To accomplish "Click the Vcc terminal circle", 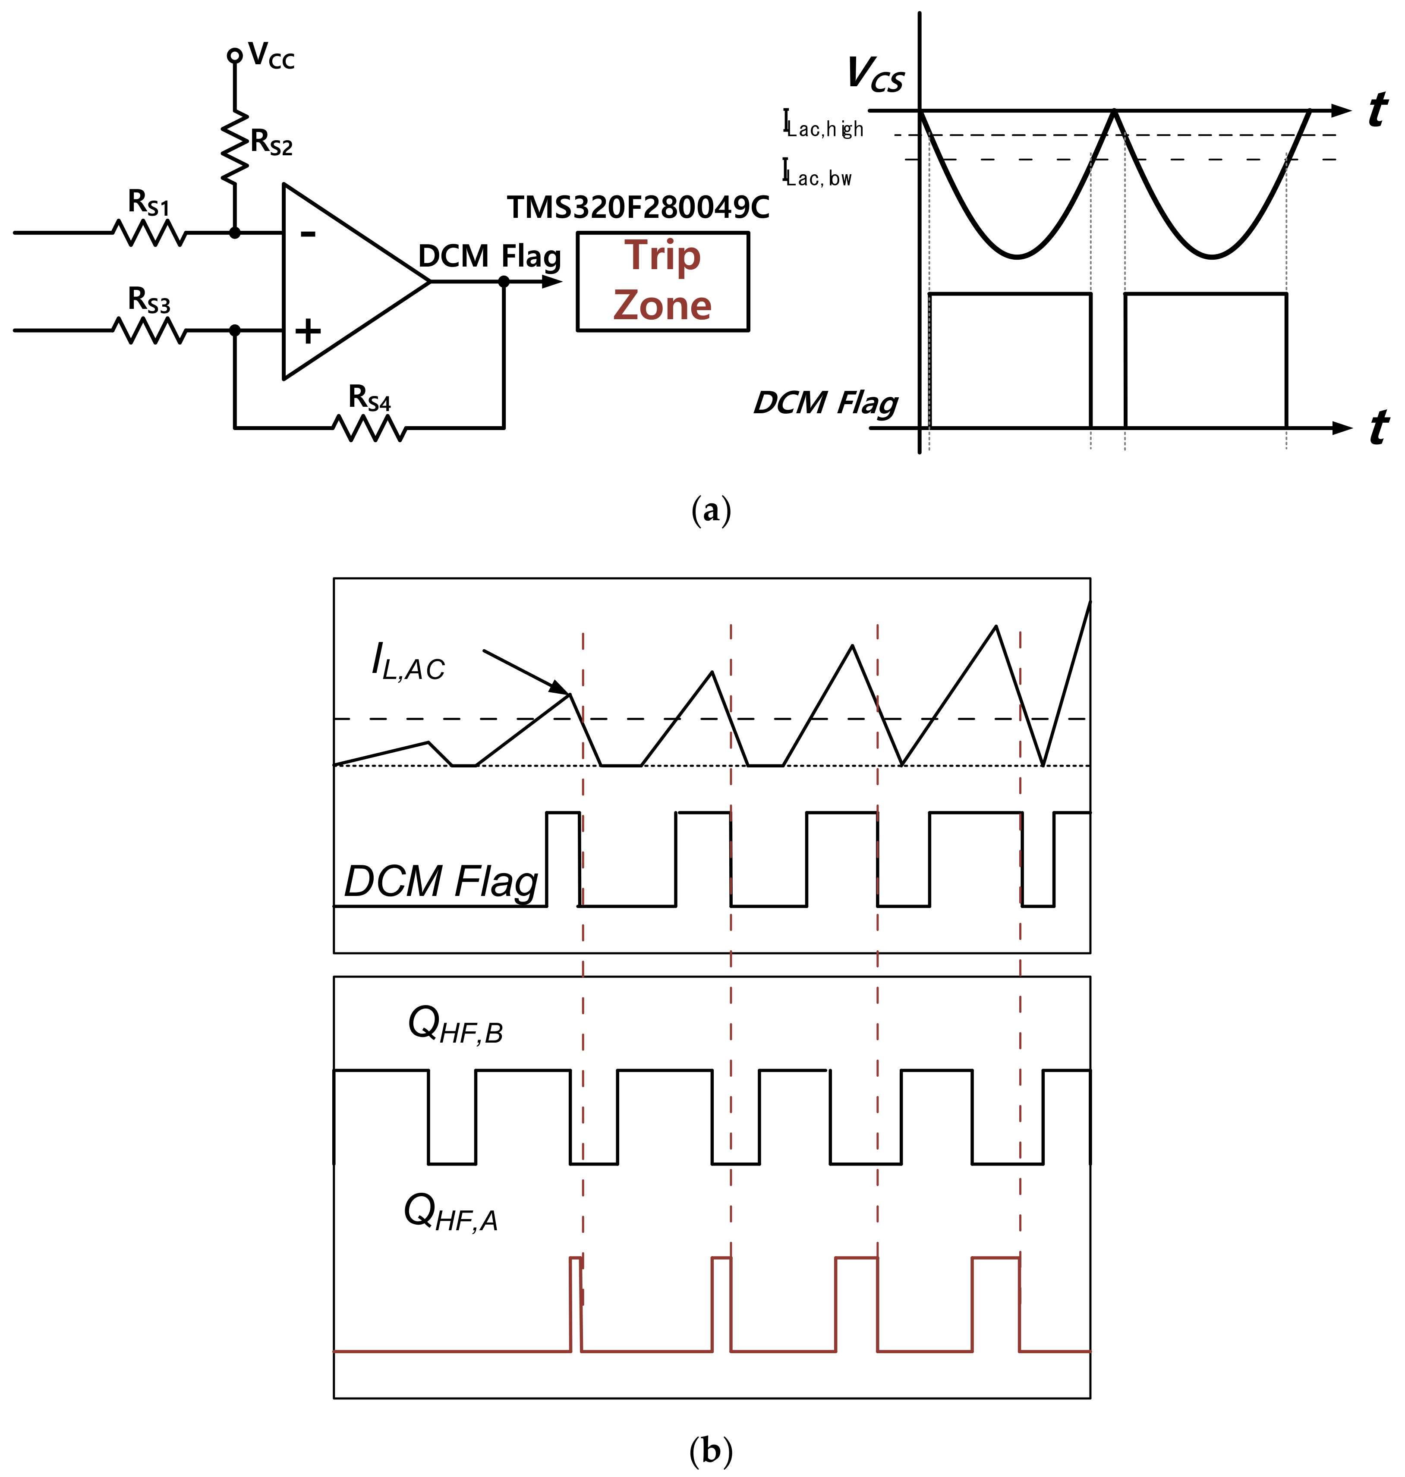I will (234, 55).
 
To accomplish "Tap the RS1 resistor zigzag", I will (150, 233).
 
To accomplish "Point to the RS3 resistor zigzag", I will (150, 330).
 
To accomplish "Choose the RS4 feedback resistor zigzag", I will (369, 428).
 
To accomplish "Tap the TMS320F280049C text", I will (638, 208).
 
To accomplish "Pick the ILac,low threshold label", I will (817, 174).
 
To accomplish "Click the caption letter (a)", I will (710, 511).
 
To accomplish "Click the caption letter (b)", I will (710, 1451).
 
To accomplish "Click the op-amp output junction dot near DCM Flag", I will (504, 282).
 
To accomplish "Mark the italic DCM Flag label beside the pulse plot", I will (825, 403).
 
